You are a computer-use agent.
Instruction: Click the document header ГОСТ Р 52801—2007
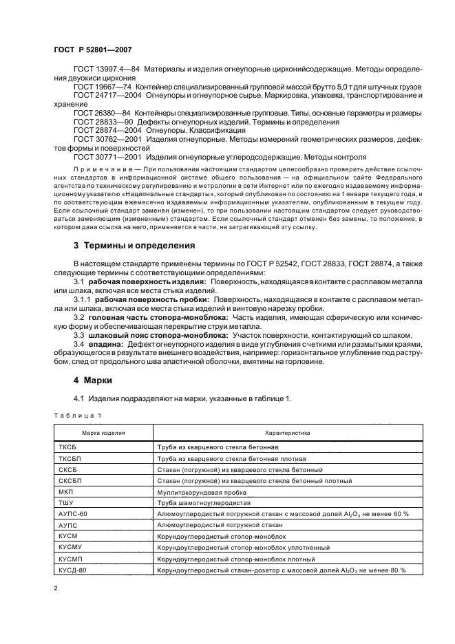point(93,50)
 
